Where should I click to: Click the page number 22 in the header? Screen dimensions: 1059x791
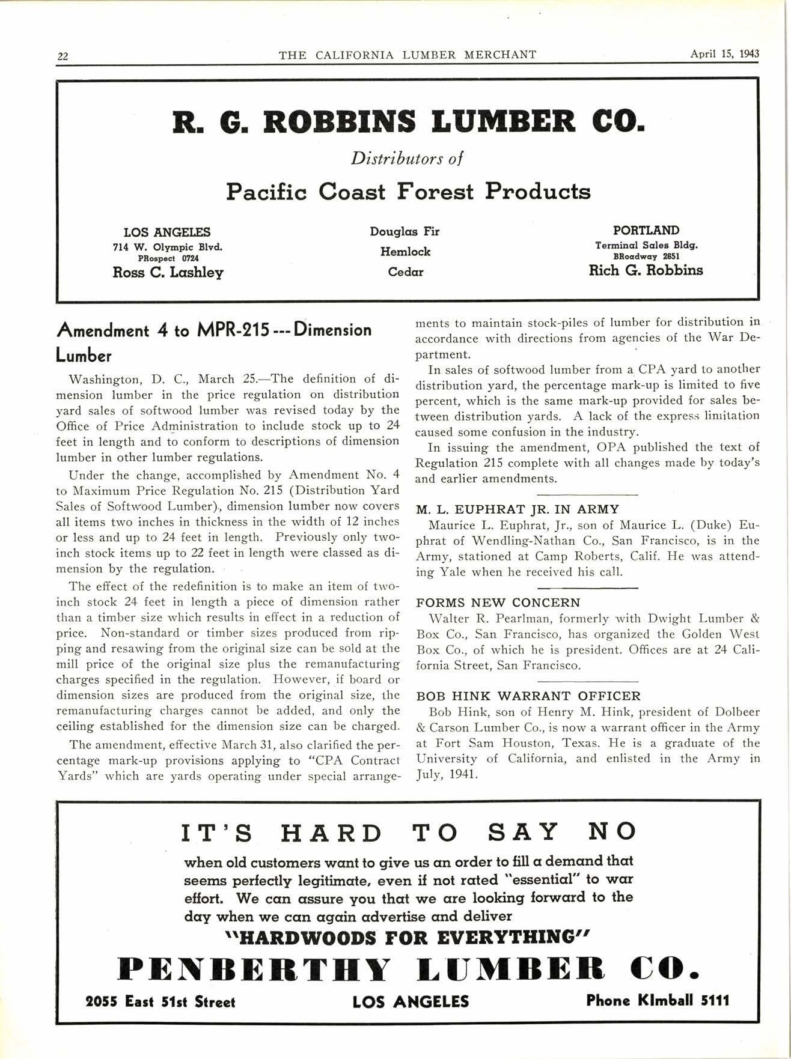pyautogui.click(x=63, y=56)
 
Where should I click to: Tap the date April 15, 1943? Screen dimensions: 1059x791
pyautogui.click(x=724, y=53)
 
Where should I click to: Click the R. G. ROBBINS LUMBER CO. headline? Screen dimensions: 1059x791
pyautogui.click(x=408, y=123)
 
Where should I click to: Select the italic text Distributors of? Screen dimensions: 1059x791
pyautogui.click(x=407, y=159)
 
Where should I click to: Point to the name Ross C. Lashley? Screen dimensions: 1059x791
pyautogui.click(x=168, y=273)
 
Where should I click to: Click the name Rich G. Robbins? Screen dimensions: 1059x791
pyautogui.click(x=646, y=270)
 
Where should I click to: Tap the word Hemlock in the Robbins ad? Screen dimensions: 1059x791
pyautogui.click(x=405, y=252)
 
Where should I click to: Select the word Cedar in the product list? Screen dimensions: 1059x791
pyautogui.click(x=405, y=272)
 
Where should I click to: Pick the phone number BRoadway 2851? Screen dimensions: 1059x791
pyautogui.click(x=646, y=256)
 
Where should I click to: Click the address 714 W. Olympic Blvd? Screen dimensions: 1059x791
pyautogui.click(x=168, y=246)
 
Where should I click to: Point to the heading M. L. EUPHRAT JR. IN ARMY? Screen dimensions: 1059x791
pyautogui.click(x=518, y=509)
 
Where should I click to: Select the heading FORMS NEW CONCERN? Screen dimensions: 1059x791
pyautogui.click(x=498, y=602)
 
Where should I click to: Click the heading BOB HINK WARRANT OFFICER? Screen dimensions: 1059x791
pyautogui.click(x=528, y=696)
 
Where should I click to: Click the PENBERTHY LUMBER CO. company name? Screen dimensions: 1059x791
pyautogui.click(x=409, y=968)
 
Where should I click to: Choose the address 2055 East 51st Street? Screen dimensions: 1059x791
pyautogui.click(x=160, y=1002)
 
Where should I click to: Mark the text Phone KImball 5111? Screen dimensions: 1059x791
pyautogui.click(x=658, y=1001)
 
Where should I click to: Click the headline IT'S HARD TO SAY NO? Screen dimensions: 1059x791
pyautogui.click(x=408, y=833)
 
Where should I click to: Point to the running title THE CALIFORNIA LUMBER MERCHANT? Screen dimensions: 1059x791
pyautogui.click(x=408, y=55)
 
